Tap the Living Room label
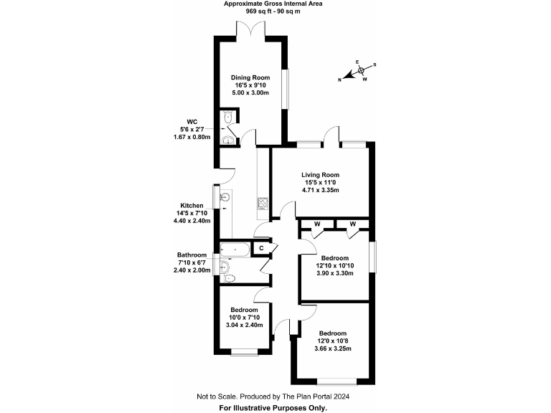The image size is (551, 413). pyautogui.click(x=320, y=174)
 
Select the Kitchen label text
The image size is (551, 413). pyautogui.click(x=192, y=205)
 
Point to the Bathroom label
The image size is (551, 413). pyautogui.click(x=192, y=255)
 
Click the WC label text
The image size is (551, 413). pyautogui.click(x=192, y=121)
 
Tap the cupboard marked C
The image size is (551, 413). pyautogui.click(x=262, y=248)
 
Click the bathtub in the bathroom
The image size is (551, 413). pyautogui.click(x=235, y=250)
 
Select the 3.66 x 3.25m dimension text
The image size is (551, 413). pyautogui.click(x=333, y=349)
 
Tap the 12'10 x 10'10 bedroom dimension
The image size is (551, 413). pyautogui.click(x=334, y=266)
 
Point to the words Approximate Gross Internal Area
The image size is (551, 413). pyautogui.click(x=273, y=4)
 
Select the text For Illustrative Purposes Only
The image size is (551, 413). pyautogui.click(x=273, y=407)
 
